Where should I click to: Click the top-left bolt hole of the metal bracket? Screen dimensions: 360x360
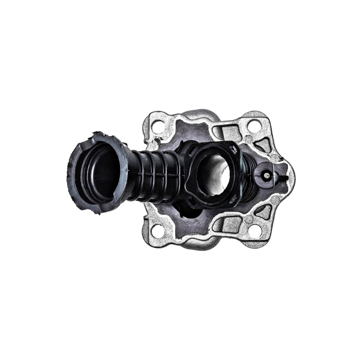pyautogui.click(x=157, y=127)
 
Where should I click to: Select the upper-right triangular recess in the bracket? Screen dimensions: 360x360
pyautogui.click(x=262, y=144)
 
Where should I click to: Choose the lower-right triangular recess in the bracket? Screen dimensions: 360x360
pyautogui.click(x=263, y=212)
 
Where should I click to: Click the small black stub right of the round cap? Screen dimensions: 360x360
pyautogui.click(x=280, y=178)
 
